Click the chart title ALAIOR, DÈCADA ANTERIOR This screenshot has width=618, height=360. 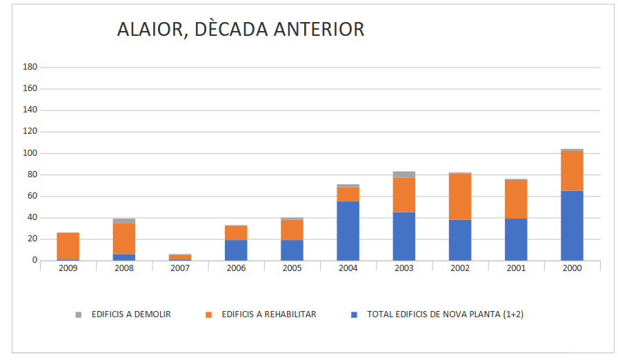[x=240, y=30]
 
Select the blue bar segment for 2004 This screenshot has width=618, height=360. [x=348, y=231]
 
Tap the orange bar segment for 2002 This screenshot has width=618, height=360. [x=460, y=197]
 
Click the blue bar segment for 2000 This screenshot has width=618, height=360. [x=572, y=226]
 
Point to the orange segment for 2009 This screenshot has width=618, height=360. [x=68, y=246]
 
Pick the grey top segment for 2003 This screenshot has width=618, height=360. [x=404, y=174]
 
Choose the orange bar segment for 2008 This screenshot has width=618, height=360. [x=124, y=239]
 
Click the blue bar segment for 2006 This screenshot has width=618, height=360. [x=237, y=250]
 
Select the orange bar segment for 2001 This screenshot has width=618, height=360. [x=516, y=199]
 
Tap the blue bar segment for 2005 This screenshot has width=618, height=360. [x=292, y=250]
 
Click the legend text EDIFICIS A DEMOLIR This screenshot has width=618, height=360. [x=131, y=314]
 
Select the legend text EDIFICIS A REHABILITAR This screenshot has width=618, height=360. [x=269, y=314]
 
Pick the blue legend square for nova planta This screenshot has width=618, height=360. [x=355, y=314]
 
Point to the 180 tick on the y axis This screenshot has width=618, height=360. [x=30, y=67]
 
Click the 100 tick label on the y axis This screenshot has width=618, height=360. [x=30, y=153]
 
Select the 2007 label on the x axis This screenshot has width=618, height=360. [x=180, y=268]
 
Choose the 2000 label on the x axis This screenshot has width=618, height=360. [x=572, y=268]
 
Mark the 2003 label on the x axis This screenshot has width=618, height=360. [x=404, y=268]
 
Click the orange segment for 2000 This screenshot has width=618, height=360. [x=572, y=170]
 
